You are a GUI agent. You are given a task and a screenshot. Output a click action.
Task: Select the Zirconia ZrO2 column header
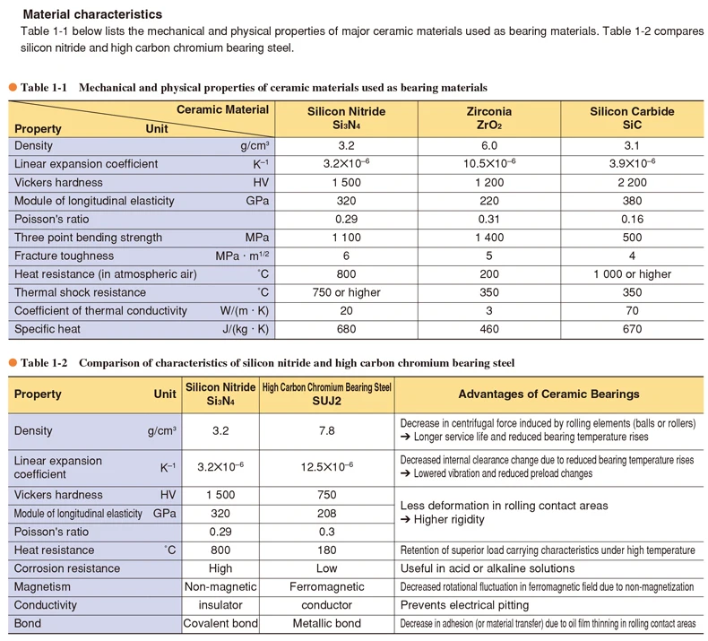pyautogui.click(x=489, y=117)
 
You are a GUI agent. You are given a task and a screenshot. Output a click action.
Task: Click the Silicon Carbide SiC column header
pyautogui.click(x=632, y=117)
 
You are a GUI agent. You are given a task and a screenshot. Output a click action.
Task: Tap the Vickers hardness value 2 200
pyautogui.click(x=632, y=182)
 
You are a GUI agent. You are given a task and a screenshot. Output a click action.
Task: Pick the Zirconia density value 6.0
pyautogui.click(x=489, y=145)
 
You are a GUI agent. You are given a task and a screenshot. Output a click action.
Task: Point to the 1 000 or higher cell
pyautogui.click(x=632, y=274)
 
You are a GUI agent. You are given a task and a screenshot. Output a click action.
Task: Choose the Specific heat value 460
pyautogui.click(x=489, y=329)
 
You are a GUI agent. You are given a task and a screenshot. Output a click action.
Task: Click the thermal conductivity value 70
pyautogui.click(x=632, y=311)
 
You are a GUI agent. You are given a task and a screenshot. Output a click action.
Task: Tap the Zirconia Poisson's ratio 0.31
pyautogui.click(x=489, y=219)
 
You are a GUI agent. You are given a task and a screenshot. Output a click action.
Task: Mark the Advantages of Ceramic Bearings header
pyautogui.click(x=548, y=394)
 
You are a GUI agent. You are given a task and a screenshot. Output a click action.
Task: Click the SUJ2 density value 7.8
pyautogui.click(x=326, y=430)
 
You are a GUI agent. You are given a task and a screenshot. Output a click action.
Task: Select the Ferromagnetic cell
pyautogui.click(x=326, y=586)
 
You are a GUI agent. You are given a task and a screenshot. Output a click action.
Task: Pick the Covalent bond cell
pyautogui.click(x=220, y=623)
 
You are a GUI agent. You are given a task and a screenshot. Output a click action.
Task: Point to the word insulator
pyautogui.click(x=220, y=605)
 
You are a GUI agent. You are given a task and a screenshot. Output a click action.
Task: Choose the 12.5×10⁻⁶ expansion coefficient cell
pyautogui.click(x=326, y=467)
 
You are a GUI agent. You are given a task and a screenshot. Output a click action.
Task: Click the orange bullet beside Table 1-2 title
pyautogui.click(x=13, y=362)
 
